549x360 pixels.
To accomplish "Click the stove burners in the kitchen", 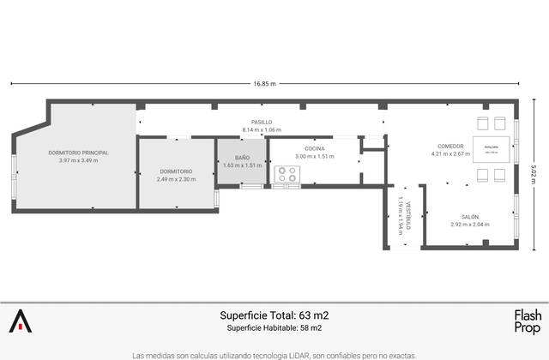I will coord(287,173).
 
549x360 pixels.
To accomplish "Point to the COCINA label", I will coord(315,148).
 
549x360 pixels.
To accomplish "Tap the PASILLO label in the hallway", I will coord(262,122).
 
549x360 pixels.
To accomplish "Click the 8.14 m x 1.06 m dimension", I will coord(262,129).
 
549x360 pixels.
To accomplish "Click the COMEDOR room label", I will coord(450,147).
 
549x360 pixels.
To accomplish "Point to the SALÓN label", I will coord(469,216).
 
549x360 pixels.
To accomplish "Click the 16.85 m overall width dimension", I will coord(264,83).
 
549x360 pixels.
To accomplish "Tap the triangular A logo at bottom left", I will coord(20,321).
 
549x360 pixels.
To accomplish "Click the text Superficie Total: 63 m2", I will coord(274,315).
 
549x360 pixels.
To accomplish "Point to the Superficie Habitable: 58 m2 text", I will coord(274,327).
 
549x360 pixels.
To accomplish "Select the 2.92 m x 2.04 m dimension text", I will coord(469,225).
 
